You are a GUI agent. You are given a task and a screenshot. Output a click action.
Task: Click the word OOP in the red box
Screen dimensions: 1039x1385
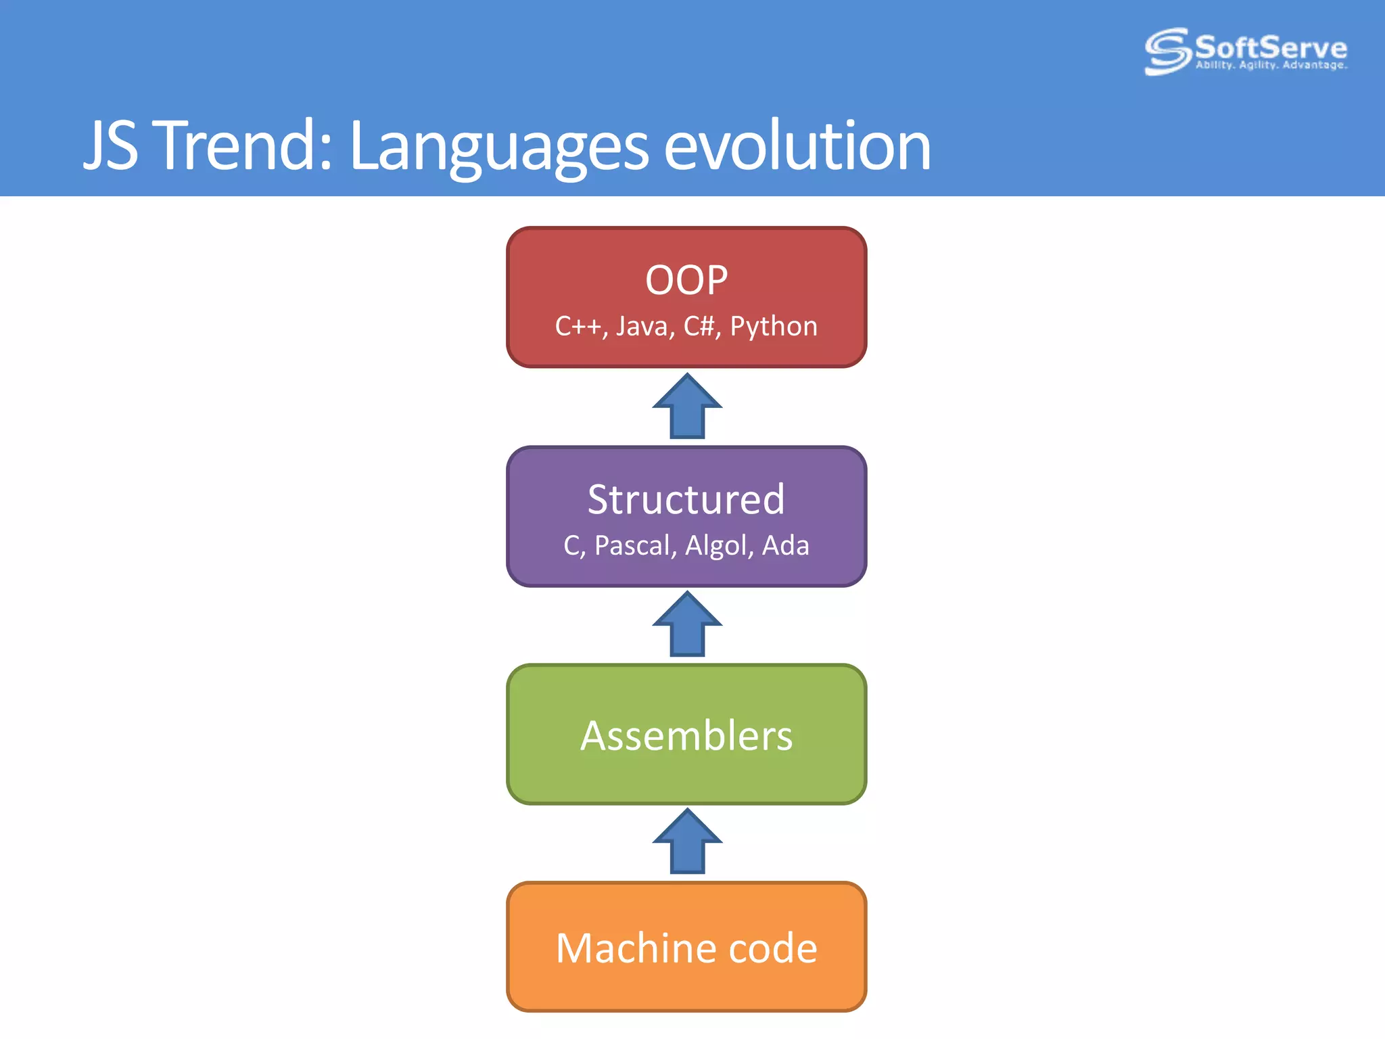(x=686, y=280)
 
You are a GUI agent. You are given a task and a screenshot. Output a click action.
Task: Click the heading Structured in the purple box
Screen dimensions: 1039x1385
(x=686, y=500)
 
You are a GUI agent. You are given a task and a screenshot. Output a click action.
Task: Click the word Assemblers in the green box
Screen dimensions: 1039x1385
(x=686, y=736)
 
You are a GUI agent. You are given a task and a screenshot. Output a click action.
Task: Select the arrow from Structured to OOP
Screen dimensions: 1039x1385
(x=687, y=407)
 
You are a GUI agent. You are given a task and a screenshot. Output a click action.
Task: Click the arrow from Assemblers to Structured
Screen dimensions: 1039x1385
(x=687, y=625)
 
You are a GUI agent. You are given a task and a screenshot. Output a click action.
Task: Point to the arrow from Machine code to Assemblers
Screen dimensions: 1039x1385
(x=687, y=842)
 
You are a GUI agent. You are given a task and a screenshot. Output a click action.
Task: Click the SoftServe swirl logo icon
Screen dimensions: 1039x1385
(x=1167, y=51)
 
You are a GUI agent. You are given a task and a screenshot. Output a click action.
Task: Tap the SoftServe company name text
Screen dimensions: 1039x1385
(x=1271, y=47)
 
